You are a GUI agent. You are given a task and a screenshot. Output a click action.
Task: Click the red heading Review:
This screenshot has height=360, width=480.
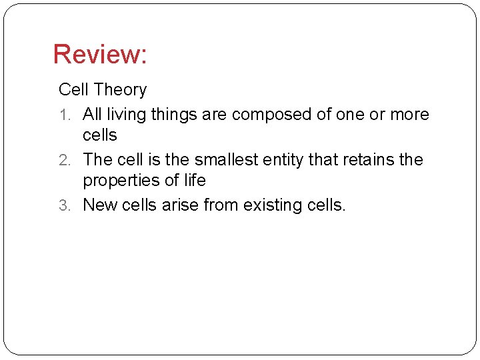pos(100,55)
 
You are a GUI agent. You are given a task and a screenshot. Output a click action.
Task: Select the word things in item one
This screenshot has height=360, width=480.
pos(174,115)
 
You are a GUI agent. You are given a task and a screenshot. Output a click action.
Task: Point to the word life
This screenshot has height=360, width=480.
pos(195,180)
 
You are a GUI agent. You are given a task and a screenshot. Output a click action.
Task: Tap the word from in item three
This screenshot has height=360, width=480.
pos(223,205)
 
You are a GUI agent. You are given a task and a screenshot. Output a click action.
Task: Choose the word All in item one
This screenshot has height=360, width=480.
pos(92,115)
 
